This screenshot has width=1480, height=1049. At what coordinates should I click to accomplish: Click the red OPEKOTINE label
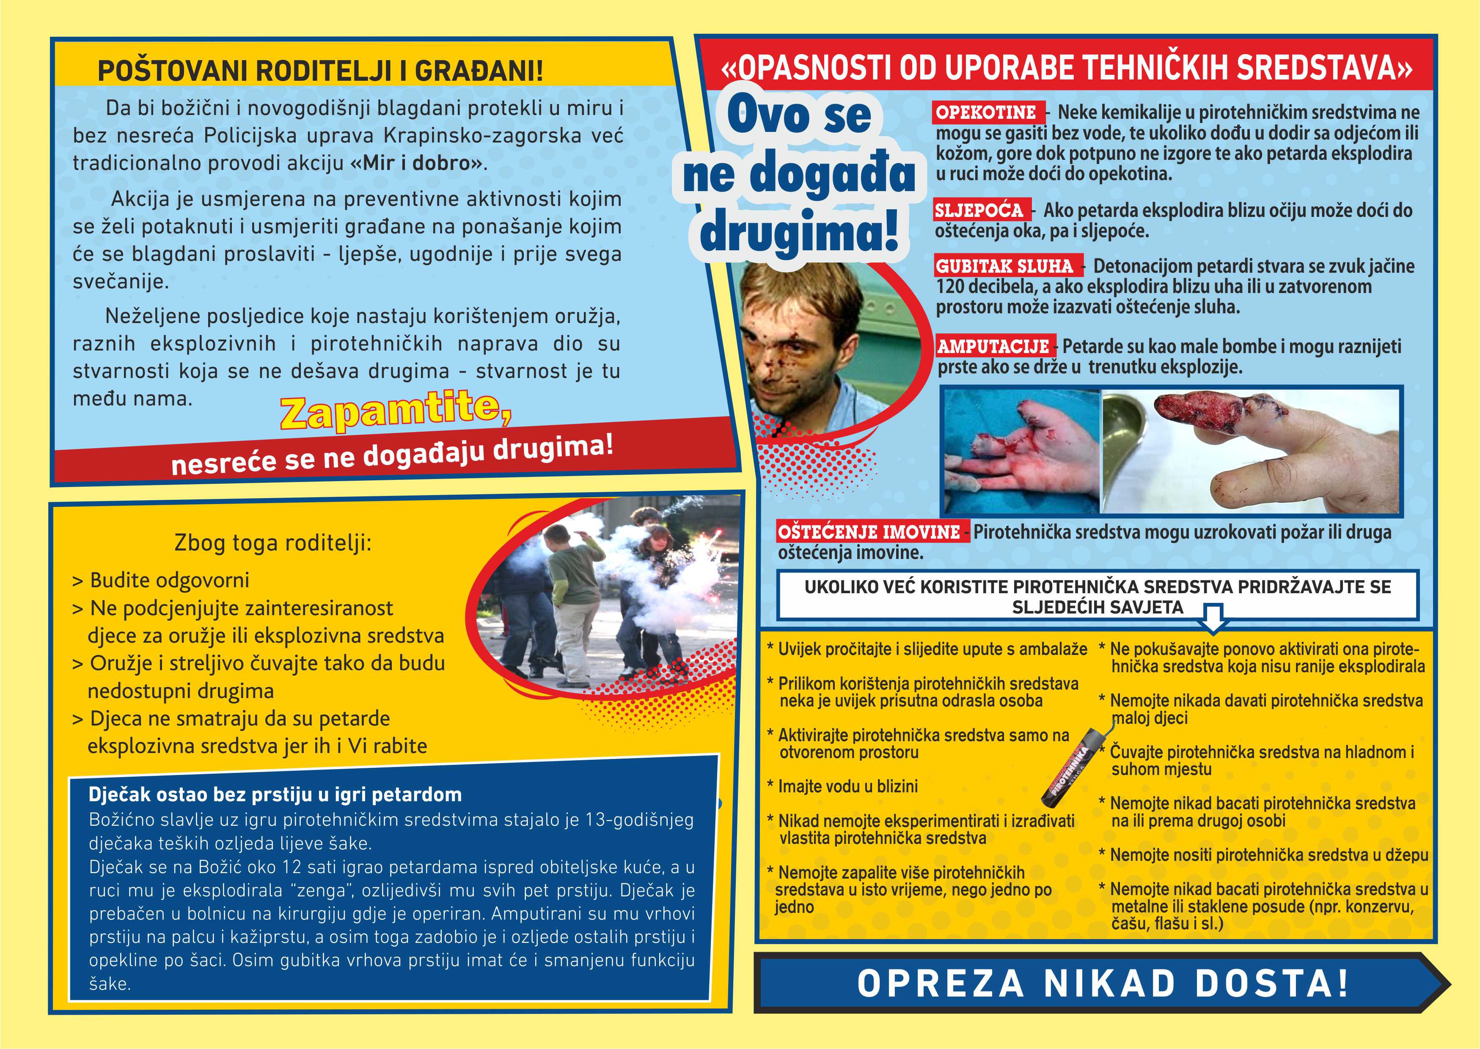coord(985,112)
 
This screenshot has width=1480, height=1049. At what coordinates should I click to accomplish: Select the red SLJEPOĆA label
coord(980,211)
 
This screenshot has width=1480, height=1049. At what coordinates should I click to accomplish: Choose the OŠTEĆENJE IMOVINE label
coord(870,532)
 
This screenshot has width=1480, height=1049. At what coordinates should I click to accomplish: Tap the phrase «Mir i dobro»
coord(416,163)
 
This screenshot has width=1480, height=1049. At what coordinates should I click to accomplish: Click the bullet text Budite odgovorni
coord(169,581)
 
